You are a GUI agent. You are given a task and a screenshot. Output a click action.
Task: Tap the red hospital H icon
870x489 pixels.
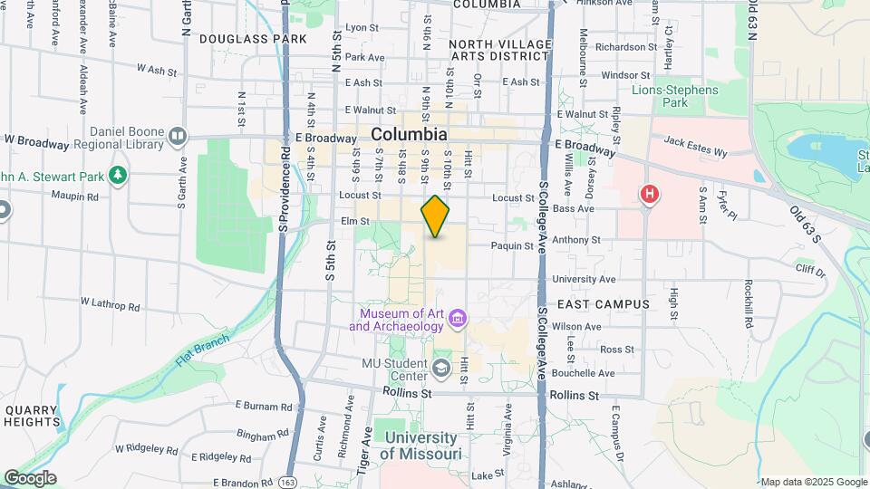pyautogui.click(x=649, y=194)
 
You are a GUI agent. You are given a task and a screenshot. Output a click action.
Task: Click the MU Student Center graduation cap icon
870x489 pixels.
pyautogui.click(x=441, y=368)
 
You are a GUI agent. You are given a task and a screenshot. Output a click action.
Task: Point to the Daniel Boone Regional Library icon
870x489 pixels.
pyautogui.click(x=178, y=136)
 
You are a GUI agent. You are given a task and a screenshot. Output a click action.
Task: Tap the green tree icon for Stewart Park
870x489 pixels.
pyautogui.click(x=117, y=174)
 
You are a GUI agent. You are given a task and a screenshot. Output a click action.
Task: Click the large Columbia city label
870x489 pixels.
pyautogui.click(x=409, y=134)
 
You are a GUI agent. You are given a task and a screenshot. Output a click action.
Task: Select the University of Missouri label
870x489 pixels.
pyautogui.click(x=420, y=446)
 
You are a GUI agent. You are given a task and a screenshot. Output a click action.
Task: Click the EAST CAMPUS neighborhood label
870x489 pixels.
pyautogui.click(x=604, y=304)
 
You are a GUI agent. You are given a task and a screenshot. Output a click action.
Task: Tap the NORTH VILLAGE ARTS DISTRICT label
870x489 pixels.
pyautogui.click(x=499, y=50)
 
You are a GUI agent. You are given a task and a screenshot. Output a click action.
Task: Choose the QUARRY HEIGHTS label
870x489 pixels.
pyautogui.click(x=32, y=417)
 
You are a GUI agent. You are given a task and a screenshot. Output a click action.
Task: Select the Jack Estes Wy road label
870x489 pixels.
pyautogui.click(x=695, y=146)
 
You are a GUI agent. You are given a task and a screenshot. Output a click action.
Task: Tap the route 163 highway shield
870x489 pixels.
pyautogui.click(x=287, y=481)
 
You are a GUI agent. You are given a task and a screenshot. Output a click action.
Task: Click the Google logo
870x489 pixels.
pyautogui.click(x=29, y=478)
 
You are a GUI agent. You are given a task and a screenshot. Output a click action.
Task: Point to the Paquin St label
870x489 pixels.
pyautogui.click(x=512, y=245)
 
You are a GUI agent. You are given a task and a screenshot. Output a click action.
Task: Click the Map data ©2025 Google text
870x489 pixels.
pyautogui.click(x=813, y=482)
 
